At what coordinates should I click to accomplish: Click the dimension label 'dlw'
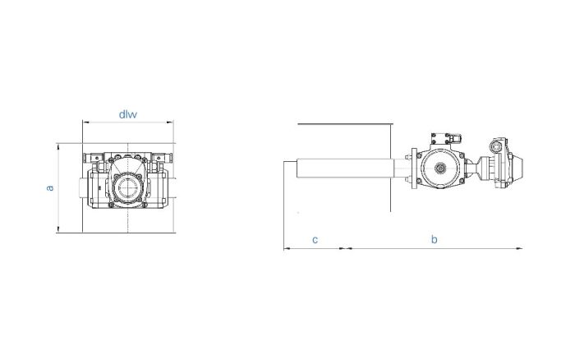coord(127,114)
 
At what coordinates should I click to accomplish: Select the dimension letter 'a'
coord(50,188)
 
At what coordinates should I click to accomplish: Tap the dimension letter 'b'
coord(435,239)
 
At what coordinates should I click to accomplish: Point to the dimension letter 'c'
coord(315,239)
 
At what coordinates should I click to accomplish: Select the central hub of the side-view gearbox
coord(440,170)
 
